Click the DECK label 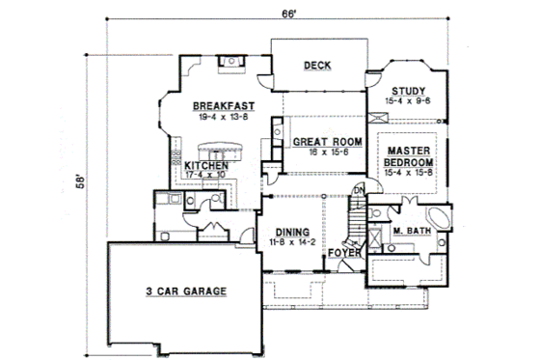pyautogui.click(x=317, y=66)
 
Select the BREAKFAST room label pyautogui.click(x=223, y=105)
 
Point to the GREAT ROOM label pyautogui.click(x=328, y=142)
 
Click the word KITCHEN pyautogui.click(x=206, y=166)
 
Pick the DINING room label pyautogui.click(x=291, y=233)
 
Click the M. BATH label pyautogui.click(x=413, y=231)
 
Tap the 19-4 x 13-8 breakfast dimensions pyautogui.click(x=223, y=116)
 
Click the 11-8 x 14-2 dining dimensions pyautogui.click(x=291, y=243)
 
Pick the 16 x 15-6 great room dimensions pyautogui.click(x=328, y=152)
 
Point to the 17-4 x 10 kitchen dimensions pyautogui.click(x=206, y=177)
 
